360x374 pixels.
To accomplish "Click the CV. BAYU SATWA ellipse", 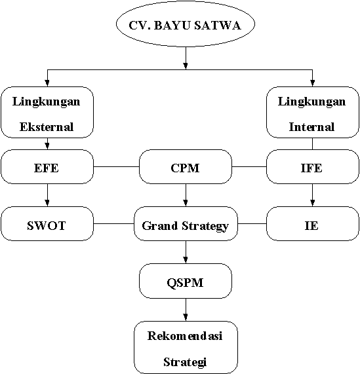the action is (186, 24).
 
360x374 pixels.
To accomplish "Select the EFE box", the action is (47, 167).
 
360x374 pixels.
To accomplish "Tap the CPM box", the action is (186, 167).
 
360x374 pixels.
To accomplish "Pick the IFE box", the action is (313, 167).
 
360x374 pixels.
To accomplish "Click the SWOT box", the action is (47, 224).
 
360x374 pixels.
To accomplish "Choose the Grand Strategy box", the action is (186, 224).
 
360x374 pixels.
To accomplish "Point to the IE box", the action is (313, 224).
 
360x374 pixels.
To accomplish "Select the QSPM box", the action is (186, 281).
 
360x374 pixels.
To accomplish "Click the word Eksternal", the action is (47, 127).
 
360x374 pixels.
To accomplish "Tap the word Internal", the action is (311, 127).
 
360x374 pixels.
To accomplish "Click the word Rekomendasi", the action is (185, 336).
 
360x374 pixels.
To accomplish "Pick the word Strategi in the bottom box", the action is (185, 362).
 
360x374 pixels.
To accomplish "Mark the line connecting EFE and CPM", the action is (116, 167).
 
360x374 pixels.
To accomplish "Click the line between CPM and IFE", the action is (249, 167).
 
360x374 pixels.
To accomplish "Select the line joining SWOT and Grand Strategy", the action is (113, 224).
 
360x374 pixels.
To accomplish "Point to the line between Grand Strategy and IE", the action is (252, 224).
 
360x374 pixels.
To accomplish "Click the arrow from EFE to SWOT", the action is (47, 195).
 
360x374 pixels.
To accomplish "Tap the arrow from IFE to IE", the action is (313, 195).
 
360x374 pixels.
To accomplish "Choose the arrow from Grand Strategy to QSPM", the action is (186, 252).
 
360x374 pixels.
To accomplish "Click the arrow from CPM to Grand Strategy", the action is (186, 195).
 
